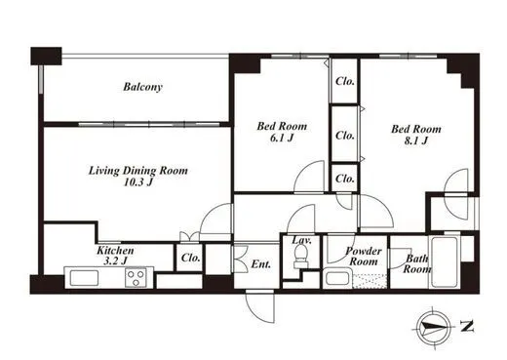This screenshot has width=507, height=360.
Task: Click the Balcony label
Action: pyautogui.click(x=142, y=87)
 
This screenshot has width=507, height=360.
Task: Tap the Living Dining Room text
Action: pyautogui.click(x=138, y=171)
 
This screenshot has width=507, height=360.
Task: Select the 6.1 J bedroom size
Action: pyautogui.click(x=282, y=138)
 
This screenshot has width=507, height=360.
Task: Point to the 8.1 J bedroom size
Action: pyautogui.click(x=416, y=140)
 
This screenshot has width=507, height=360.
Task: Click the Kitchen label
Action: pyautogui.click(x=115, y=250)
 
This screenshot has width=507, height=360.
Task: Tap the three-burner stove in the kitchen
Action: pyautogui.click(x=136, y=278)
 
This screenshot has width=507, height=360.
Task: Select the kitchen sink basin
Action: pyautogui.click(x=85, y=278)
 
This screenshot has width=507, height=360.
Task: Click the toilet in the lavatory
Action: pyautogui.click(x=300, y=256)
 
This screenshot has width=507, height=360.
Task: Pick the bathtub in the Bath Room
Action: pyautogui.click(x=444, y=261)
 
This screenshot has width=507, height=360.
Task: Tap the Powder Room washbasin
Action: pyautogui.click(x=337, y=279)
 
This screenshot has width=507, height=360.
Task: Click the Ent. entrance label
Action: pyautogui.click(x=261, y=264)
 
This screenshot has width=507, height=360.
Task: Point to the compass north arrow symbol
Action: pyautogui.click(x=434, y=327)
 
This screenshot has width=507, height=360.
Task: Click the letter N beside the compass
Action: pyautogui.click(x=467, y=326)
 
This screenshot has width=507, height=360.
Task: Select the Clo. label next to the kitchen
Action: pyautogui.click(x=191, y=258)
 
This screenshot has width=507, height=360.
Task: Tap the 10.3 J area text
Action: pyautogui.click(x=138, y=182)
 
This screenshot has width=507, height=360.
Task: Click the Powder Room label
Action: pyautogui.click(x=364, y=257)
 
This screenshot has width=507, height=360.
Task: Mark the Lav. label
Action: pyautogui.click(x=302, y=240)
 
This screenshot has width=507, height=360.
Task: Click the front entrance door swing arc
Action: pyautogui.click(x=255, y=313)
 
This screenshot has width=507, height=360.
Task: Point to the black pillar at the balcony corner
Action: pyautogui.click(x=46, y=56)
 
